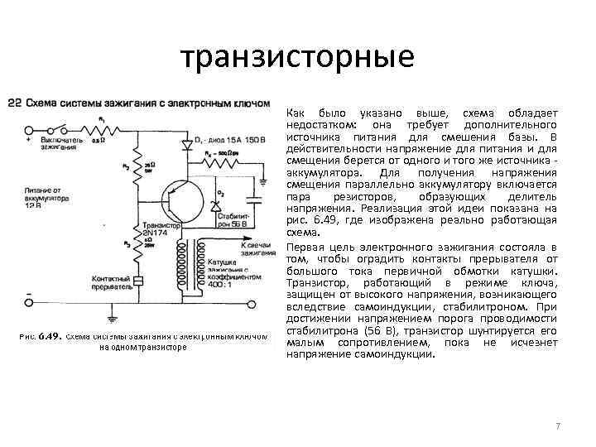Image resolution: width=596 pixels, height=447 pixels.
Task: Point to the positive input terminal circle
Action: click(30, 131)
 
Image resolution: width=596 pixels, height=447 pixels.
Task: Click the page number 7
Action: click(558, 425)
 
